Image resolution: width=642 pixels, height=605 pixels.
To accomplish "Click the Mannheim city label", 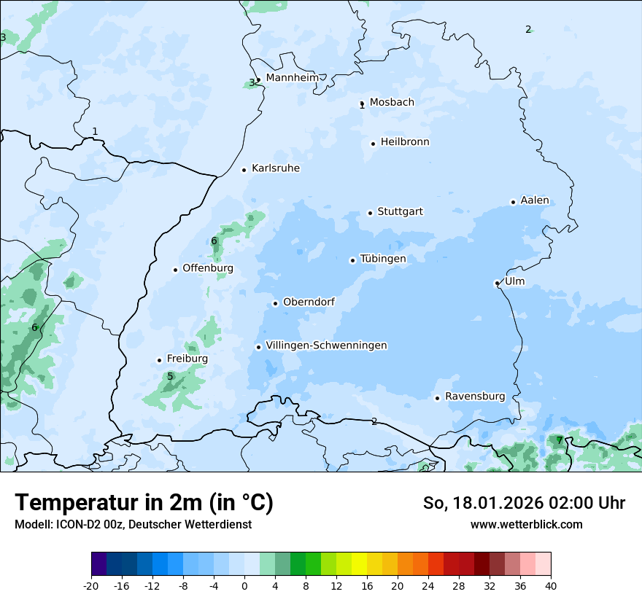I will pos(292,78).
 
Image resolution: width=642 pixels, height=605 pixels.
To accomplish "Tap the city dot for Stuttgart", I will pos(370,213).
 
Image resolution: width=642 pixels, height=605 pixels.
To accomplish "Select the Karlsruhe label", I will pos(276,168).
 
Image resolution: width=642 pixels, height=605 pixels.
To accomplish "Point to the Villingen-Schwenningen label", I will pos(326,346).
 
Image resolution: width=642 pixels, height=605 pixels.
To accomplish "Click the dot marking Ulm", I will pos(497,283).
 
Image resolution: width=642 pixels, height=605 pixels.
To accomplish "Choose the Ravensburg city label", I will pos(475,397).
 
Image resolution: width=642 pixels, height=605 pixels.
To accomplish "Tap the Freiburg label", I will pos(187,359).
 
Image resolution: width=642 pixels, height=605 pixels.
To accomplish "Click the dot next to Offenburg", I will pos(175,270).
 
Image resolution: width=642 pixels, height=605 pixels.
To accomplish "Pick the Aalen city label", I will pos(535,200).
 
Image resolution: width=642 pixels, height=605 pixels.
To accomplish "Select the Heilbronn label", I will pos(405,142).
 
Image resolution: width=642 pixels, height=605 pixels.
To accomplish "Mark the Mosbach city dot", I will pos(362,104).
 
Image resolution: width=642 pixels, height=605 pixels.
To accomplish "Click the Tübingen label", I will pos(383,259).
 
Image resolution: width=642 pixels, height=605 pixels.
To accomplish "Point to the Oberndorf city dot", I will pos(275,303).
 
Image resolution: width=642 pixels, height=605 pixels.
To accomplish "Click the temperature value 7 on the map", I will pos(560,440).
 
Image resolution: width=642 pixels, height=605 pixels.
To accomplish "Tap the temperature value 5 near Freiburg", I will pos(170,377).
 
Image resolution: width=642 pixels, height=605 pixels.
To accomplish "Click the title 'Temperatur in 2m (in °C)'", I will pos(144,503).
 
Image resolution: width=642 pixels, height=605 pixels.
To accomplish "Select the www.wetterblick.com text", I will pos(526,524).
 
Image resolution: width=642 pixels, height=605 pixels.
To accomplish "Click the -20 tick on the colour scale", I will pos(91,585).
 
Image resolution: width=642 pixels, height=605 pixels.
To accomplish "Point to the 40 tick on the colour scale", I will pos(550,585).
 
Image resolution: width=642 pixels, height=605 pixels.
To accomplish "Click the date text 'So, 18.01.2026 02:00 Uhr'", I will pos(524,503).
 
